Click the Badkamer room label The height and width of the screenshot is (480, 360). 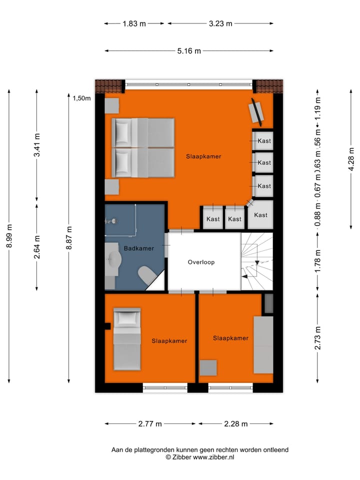click(x=139, y=248)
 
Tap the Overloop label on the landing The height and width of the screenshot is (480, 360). click(x=201, y=262)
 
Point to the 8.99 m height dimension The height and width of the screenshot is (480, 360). click(x=9, y=239)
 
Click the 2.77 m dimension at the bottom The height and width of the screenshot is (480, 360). click(x=150, y=423)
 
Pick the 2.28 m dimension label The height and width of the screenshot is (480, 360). click(x=236, y=423)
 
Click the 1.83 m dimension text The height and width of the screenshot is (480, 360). click(x=134, y=23)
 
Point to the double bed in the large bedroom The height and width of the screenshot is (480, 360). click(x=143, y=148)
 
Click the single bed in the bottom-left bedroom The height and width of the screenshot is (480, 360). click(x=127, y=338)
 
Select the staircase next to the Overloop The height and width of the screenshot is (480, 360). click(x=257, y=261)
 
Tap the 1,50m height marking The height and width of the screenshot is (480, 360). click(x=81, y=98)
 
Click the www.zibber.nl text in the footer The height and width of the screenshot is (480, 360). click(x=213, y=457)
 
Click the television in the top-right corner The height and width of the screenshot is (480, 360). click(x=257, y=111)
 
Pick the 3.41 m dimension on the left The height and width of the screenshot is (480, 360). click(x=36, y=146)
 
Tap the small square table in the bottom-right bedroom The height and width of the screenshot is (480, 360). click(x=208, y=367)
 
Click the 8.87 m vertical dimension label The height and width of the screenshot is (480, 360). click(x=69, y=239)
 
